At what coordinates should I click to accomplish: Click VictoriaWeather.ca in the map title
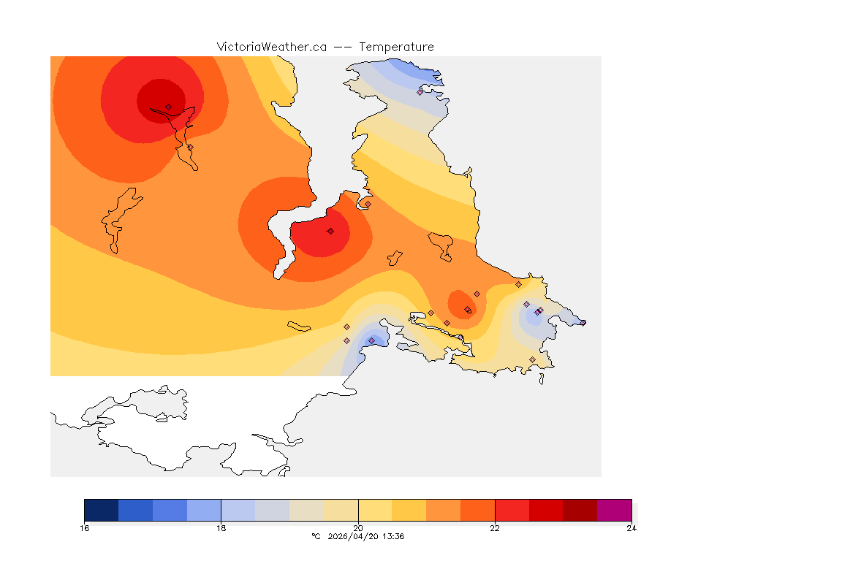271,47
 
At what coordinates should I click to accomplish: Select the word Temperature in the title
396,47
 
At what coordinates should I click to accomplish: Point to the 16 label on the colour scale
85,528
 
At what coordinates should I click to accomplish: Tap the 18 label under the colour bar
221,528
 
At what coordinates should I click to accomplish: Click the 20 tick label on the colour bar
357,528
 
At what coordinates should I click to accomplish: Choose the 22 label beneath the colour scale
495,528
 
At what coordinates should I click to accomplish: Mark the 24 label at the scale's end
631,528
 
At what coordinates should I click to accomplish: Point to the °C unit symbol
316,536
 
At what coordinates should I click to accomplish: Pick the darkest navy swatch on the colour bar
101,510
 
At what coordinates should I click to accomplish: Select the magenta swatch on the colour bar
614,510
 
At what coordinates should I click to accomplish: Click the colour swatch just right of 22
512,510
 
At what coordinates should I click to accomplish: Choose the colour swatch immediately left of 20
341,510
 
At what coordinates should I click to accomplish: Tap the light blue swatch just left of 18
204,510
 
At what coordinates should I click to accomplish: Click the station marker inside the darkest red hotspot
168,107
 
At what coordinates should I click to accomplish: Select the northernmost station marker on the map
420,92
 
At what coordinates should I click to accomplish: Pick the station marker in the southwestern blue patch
371,340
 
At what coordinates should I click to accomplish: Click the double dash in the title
343,47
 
